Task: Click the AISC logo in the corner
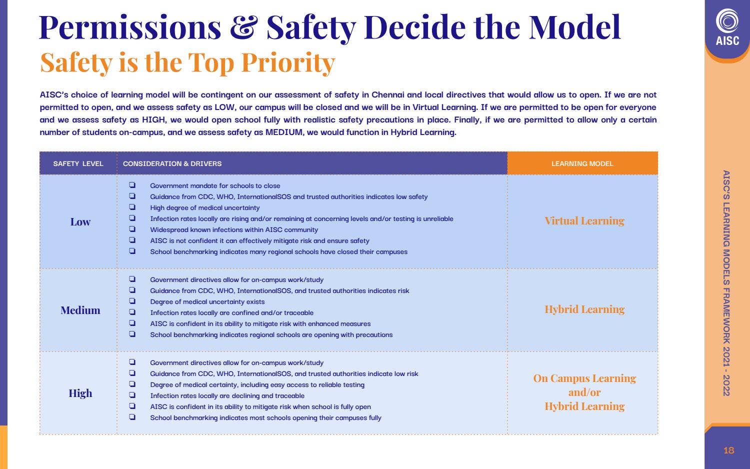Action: pos(727,28)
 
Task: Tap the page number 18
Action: pos(728,450)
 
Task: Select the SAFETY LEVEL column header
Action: pos(78,163)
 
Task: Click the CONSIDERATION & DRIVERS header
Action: pos(172,163)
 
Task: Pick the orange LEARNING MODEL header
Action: pos(582,163)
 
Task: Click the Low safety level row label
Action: pos(80,222)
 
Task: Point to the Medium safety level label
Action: pos(80,310)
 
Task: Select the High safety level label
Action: pos(80,393)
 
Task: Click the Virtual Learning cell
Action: pos(584,221)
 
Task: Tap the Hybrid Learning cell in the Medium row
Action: pos(584,309)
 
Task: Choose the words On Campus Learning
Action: pos(584,378)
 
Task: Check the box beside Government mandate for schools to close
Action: pos(132,185)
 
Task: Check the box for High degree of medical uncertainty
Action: pos(132,207)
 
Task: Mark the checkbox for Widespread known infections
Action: pos(132,229)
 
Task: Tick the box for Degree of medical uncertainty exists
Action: pos(132,301)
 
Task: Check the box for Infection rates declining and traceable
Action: pos(132,395)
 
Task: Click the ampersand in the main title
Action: pos(243,28)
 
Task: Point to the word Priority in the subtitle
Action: pos(287,63)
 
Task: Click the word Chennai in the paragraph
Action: pos(387,95)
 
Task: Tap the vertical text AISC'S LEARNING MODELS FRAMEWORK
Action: pos(726,270)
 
